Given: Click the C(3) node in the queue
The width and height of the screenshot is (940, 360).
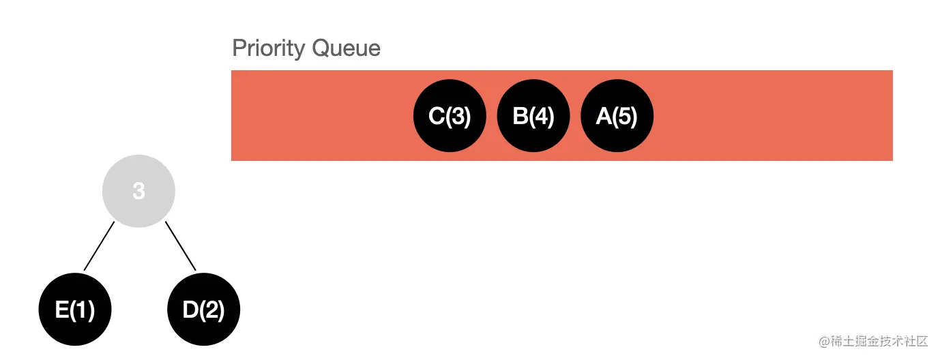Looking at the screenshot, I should click(450, 116).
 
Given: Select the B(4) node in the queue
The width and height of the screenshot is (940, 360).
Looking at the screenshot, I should click(533, 116).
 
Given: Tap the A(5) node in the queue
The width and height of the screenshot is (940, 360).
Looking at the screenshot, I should click(617, 116).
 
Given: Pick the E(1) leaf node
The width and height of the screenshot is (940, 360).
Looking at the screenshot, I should click(75, 310).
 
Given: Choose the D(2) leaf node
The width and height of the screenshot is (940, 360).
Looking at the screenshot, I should click(203, 310).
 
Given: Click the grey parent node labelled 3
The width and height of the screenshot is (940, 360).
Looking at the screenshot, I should click(138, 191).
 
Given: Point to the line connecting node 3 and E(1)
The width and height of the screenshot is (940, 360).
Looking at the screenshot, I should click(99, 245).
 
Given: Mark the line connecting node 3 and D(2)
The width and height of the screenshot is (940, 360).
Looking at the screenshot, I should click(180, 245).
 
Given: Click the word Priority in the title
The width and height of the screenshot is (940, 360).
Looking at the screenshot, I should click(269, 49).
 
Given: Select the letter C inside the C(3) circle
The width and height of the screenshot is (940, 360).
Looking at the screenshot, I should click(436, 117).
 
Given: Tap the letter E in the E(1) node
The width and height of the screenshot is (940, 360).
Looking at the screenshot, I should click(61, 310).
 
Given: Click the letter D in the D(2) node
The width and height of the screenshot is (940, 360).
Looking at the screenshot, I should click(190, 310).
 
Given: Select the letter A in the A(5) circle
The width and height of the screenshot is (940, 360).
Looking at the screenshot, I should click(604, 117).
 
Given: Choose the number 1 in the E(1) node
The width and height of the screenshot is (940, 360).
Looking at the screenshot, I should click(82, 310).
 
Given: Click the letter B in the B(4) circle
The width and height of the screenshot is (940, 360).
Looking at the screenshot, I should click(520, 117).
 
